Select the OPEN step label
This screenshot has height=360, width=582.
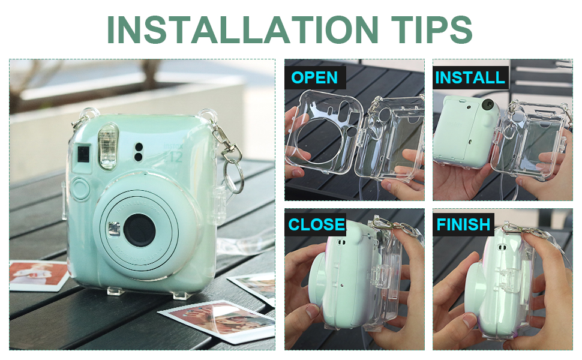coord(314,77)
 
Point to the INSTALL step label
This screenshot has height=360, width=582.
coord(470,77)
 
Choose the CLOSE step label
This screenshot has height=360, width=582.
coord(316,224)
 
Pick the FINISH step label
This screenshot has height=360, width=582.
coord(463,224)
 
